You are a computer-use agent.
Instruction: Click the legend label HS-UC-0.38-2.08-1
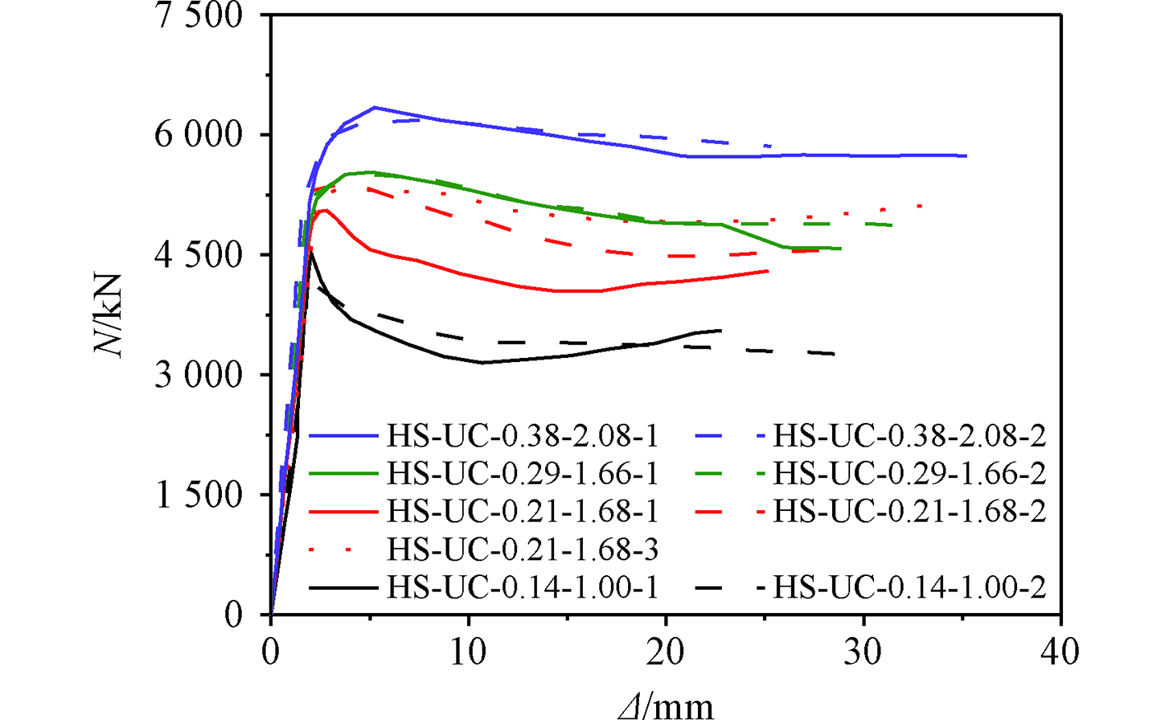[523, 435]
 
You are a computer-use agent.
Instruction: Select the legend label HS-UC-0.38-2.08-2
[909, 435]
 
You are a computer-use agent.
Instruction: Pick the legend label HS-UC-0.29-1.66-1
[523, 473]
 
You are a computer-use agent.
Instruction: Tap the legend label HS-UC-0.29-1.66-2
[909, 473]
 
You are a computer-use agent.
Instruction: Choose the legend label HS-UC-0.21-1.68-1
[523, 511]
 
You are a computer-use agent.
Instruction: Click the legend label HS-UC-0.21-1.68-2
[909, 511]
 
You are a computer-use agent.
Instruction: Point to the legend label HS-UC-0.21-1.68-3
[523, 549]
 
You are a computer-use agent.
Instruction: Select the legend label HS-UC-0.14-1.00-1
[523, 588]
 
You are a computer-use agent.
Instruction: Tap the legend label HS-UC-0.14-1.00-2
[909, 588]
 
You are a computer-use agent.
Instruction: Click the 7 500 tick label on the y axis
[199, 16]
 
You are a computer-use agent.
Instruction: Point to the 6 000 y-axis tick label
[199, 135]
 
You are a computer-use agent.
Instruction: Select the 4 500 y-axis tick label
[199, 255]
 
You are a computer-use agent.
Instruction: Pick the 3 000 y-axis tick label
[199, 375]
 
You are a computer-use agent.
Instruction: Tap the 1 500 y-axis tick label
[199, 495]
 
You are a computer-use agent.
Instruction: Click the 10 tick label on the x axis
[469, 653]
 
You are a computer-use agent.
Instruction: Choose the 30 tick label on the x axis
[863, 653]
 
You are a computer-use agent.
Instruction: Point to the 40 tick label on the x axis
[1061, 653]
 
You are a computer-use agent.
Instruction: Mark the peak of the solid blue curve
[374, 107]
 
